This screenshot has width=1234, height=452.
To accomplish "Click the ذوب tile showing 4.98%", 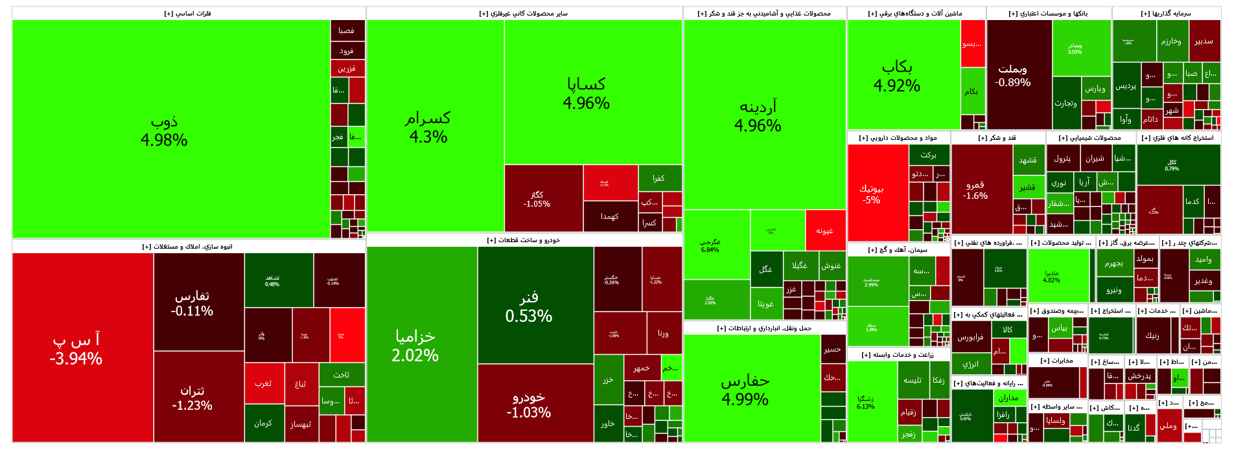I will click(x=164, y=130).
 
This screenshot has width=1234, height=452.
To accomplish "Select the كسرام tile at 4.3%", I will click(x=428, y=127).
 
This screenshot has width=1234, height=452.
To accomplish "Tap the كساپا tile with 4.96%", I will click(x=587, y=93).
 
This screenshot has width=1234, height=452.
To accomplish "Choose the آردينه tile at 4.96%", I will click(x=758, y=115).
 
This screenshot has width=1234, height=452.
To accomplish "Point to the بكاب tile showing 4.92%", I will click(x=897, y=76).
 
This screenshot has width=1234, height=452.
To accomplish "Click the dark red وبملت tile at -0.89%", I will click(x=1012, y=75).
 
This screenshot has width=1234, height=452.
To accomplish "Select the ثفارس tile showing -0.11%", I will click(x=192, y=303).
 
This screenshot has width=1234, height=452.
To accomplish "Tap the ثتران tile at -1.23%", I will click(x=192, y=398).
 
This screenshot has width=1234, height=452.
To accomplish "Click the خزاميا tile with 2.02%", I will click(x=415, y=345).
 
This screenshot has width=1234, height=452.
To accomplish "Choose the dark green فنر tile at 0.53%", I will click(x=529, y=306).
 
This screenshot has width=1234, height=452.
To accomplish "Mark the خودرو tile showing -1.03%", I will click(x=529, y=403).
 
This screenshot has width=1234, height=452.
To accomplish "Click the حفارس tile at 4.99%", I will click(x=745, y=390).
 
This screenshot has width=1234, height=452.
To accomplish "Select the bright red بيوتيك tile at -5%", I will click(x=872, y=194).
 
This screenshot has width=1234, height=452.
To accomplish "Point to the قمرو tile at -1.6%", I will click(x=975, y=190).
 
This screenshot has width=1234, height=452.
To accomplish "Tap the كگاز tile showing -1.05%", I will click(x=537, y=199).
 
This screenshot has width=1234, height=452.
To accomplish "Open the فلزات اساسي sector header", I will click(x=188, y=14).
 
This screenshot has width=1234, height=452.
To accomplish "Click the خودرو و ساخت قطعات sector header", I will click(x=524, y=240).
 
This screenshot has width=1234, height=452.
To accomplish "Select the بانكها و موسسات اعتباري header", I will click(x=1048, y=14).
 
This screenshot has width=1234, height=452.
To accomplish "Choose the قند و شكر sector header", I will click(x=997, y=138).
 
